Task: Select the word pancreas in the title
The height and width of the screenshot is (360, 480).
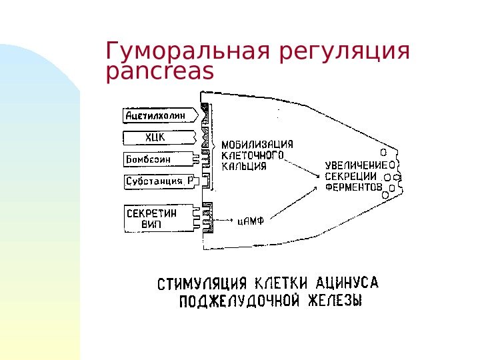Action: coord(160,72)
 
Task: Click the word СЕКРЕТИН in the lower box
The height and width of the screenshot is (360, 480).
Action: coord(152,213)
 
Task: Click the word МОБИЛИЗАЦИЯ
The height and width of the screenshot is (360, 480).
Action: coord(257,144)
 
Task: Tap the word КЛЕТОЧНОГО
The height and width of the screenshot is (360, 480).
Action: coord(253,155)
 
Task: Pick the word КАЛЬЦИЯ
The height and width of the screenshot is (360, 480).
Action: coord(244,166)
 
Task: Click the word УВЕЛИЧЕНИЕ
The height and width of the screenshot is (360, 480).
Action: coord(356,164)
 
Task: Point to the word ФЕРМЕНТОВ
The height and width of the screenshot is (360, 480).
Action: coord(354,187)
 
